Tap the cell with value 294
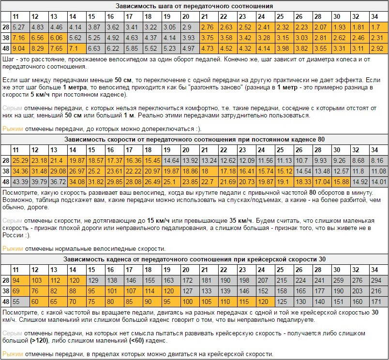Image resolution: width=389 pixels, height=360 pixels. coord(377,280)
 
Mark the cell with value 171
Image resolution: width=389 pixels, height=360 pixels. coord(376,302)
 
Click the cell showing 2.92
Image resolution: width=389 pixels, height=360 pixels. coord(376,48)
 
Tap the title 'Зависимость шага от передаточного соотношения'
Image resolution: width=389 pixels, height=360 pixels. coord(194,6)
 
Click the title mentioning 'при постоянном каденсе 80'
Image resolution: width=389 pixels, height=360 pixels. coord(194,139)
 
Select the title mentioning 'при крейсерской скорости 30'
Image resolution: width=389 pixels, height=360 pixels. coord(194,259)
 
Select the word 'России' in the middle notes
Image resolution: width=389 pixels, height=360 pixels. coord(14,235)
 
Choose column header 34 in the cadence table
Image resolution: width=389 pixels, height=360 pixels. coord(374,270)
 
